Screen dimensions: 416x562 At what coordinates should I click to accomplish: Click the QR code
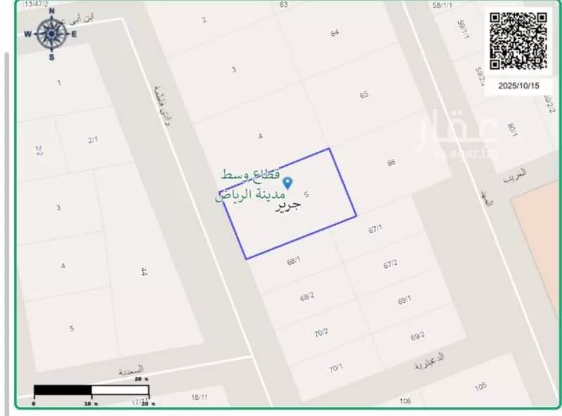(x=519, y=40)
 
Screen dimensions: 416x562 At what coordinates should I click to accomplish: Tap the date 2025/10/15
(x=518, y=85)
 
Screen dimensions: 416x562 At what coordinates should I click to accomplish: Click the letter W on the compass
(x=27, y=34)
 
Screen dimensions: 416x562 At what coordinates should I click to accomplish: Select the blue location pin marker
(x=287, y=181)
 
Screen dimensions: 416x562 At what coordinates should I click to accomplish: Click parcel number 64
(x=334, y=33)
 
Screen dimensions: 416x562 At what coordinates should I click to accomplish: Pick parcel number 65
(x=364, y=95)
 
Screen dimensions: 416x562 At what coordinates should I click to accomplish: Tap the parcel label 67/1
(x=375, y=228)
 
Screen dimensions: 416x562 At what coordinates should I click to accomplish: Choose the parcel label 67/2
(x=391, y=264)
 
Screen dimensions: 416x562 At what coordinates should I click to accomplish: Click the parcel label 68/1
(x=294, y=261)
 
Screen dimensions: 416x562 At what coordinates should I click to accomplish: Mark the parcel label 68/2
(x=307, y=297)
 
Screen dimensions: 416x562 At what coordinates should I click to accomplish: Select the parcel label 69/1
(x=405, y=300)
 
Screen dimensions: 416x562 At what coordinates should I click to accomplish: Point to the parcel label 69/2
(x=417, y=337)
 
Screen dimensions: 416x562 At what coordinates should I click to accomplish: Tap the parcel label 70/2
(x=321, y=332)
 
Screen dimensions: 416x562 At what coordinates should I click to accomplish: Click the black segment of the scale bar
(x=63, y=389)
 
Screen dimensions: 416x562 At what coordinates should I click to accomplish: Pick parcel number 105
(x=481, y=387)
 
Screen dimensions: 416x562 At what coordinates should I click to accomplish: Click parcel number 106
(x=405, y=401)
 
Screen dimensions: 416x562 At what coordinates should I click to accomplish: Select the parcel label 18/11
(x=198, y=398)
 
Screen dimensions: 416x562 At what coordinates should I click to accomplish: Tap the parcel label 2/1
(x=93, y=140)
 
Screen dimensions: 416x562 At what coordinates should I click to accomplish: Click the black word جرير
(x=288, y=206)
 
